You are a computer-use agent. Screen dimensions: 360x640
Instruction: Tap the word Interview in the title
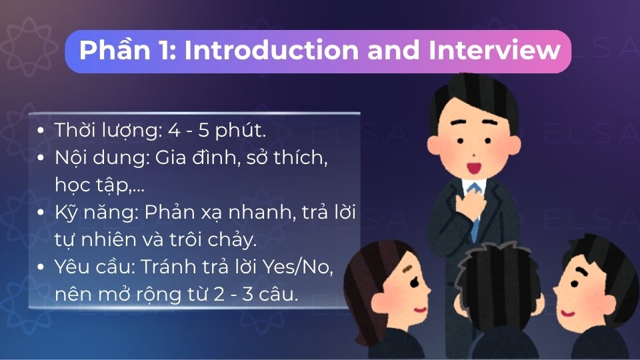pos(494,51)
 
